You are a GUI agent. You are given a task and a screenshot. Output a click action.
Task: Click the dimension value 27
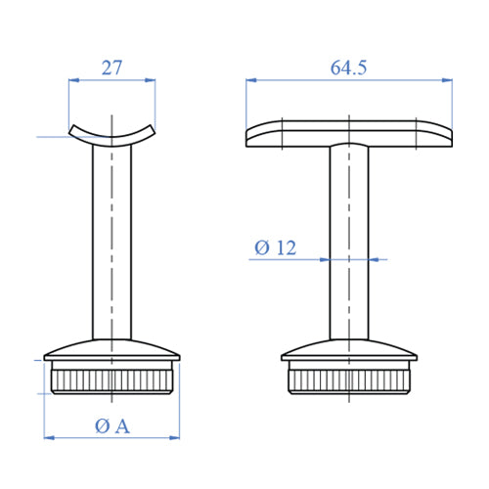point(111,67)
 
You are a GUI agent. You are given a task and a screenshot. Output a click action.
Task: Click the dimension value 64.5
point(349,67)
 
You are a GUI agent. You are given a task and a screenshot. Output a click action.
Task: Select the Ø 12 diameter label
point(275,248)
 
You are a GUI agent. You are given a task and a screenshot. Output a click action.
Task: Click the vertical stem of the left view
point(111,244)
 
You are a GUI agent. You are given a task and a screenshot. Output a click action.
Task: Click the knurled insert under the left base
point(111,379)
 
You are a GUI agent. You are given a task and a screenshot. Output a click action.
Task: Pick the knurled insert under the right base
point(349,379)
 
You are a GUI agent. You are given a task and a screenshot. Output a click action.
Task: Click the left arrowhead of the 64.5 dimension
point(250,83)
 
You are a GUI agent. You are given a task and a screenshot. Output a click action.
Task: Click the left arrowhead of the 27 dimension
point(72,83)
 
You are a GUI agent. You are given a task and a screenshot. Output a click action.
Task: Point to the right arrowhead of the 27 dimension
point(151,83)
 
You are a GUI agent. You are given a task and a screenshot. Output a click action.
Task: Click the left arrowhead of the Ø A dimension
point(50,437)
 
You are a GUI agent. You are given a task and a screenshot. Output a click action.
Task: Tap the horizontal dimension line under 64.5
point(349,83)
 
